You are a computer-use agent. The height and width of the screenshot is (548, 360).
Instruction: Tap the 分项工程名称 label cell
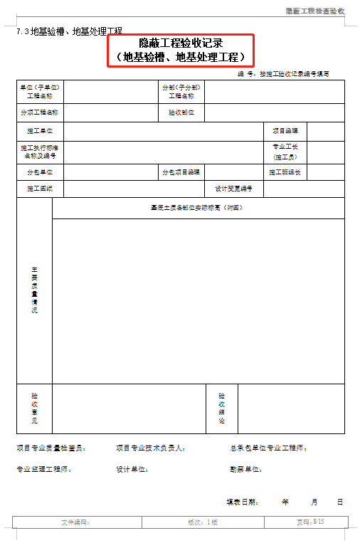[40, 112]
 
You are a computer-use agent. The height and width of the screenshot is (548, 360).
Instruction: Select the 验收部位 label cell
[181, 112]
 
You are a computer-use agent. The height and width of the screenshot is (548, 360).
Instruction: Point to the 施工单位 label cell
[40, 131]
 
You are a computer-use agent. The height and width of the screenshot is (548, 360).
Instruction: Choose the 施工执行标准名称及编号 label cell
[40, 152]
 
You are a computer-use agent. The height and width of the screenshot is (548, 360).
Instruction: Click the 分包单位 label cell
[40, 172]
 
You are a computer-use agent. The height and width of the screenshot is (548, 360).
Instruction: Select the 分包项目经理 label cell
[181, 172]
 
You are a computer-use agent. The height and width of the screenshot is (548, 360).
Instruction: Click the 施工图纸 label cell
[40, 189]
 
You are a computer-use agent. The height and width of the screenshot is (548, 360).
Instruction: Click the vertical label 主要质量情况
[34, 290]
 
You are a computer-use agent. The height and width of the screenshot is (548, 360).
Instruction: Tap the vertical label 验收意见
[34, 408]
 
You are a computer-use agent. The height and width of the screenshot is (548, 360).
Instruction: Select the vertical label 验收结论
[222, 408]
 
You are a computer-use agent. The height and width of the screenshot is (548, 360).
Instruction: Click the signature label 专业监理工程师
[44, 470]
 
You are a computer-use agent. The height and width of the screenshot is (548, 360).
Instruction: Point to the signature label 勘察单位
[245, 470]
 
